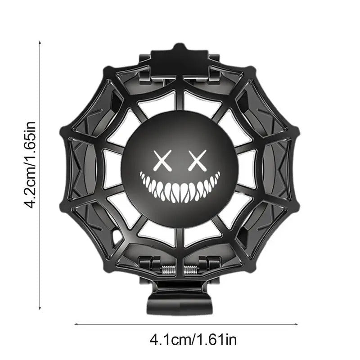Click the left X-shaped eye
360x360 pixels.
pyautogui.click(x=161, y=160)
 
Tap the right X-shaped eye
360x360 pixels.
pyautogui.click(x=194, y=160)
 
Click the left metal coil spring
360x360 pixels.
pyautogui.click(x=168, y=271)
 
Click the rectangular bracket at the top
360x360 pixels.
pyautogui.click(x=179, y=58)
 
